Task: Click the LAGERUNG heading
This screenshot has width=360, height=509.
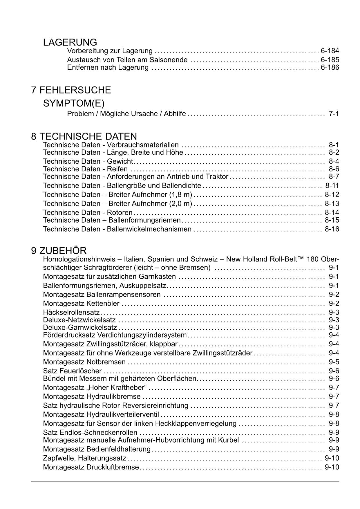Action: (x=70, y=42)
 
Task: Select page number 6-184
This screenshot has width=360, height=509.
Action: (x=330, y=51)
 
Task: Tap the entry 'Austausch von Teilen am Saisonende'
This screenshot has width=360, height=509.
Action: (x=127, y=60)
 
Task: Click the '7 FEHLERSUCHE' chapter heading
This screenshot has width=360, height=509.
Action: (x=71, y=90)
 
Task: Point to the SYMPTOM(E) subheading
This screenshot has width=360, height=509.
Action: (x=74, y=103)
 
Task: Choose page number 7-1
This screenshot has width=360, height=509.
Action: (x=334, y=113)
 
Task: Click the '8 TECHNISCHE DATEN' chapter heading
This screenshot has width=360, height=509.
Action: (x=84, y=136)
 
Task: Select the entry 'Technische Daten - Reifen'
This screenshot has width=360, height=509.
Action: (x=85, y=169)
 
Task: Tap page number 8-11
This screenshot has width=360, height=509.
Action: (x=332, y=185)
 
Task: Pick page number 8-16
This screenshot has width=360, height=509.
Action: (x=332, y=229)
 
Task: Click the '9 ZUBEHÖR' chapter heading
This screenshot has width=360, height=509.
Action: (x=59, y=251)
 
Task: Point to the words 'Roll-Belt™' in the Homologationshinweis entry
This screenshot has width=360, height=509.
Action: (x=287, y=259)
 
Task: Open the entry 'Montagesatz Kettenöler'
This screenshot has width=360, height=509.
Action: (x=81, y=304)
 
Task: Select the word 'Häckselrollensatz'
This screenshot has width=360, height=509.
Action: (x=71, y=313)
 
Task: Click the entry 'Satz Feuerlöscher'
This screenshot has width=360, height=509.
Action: (x=72, y=371)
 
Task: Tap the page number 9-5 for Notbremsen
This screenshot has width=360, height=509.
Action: (x=334, y=362)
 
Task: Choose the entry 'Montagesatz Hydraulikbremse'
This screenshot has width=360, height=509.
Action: (x=92, y=396)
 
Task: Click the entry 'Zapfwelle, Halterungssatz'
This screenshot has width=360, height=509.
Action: (x=84, y=458)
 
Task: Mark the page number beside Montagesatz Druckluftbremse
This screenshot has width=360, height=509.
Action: (x=332, y=467)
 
